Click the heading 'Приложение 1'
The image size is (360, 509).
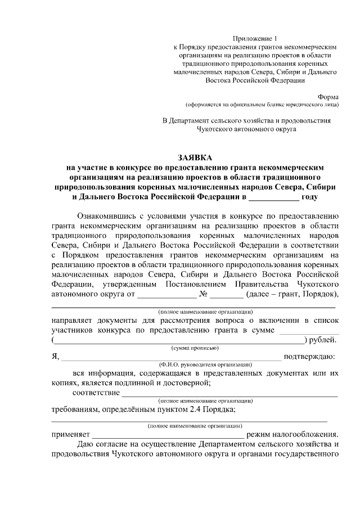[256, 38]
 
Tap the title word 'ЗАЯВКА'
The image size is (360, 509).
[193, 157]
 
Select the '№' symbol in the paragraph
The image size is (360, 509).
[205, 294]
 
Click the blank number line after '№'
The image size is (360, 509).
[227, 295]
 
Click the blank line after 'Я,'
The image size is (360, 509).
[171, 357]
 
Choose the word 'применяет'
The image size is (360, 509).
[70, 434]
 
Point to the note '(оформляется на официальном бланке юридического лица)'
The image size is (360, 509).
[262, 105]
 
